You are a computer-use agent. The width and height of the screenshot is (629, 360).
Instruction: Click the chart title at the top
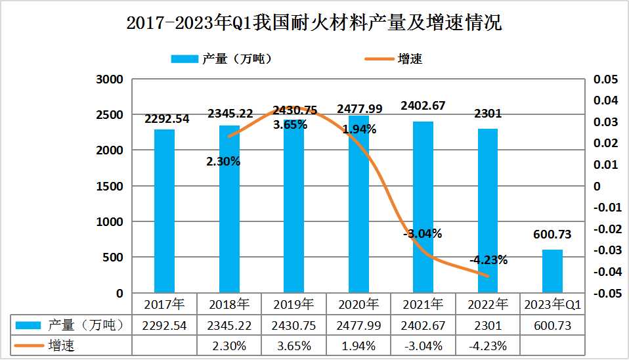click(x=314, y=23)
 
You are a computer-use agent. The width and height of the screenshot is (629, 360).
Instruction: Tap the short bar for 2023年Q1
click(x=552, y=271)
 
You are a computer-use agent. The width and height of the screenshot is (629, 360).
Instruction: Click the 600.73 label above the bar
click(x=552, y=235)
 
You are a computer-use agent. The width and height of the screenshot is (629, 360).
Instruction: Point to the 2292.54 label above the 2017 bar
click(x=166, y=119)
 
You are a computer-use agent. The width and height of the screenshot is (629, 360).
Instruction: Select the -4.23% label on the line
click(x=488, y=259)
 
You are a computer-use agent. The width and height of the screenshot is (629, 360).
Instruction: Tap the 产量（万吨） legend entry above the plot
click(x=221, y=58)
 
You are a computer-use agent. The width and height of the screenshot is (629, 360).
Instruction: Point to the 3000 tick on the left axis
click(x=110, y=79)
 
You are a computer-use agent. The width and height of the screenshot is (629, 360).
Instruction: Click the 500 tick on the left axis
click(x=114, y=258)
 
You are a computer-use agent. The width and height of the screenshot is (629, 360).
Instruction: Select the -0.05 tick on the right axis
click(x=603, y=293)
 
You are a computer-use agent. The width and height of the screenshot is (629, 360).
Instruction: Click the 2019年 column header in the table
click(x=293, y=305)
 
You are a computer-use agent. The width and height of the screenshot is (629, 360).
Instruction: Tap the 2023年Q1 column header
click(x=552, y=305)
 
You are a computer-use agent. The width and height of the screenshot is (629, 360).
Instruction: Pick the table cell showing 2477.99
click(x=358, y=325)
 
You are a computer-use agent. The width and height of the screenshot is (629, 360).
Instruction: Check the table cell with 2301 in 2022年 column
click(x=488, y=325)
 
